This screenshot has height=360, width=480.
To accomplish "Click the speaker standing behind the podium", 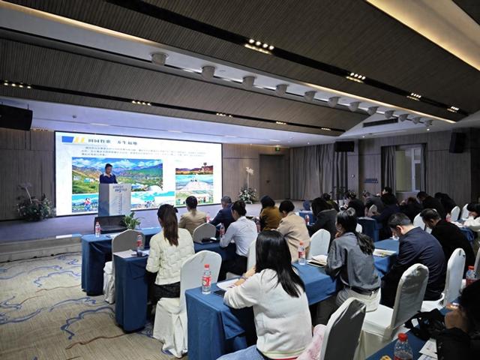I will tap(108, 175).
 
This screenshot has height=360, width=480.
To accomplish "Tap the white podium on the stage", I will tap(115, 199).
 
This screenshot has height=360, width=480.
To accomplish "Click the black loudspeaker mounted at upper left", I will tap(15, 117).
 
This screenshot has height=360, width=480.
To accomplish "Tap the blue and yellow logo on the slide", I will tap(73, 139).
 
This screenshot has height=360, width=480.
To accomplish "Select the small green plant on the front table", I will tap(132, 220).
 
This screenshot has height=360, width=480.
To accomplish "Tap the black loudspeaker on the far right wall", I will tap(457, 142).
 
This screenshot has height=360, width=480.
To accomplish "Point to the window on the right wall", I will tap(409, 169).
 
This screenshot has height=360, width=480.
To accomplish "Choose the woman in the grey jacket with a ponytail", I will tap(351, 255).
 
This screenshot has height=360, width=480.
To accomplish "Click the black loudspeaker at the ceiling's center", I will tap(344, 146).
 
